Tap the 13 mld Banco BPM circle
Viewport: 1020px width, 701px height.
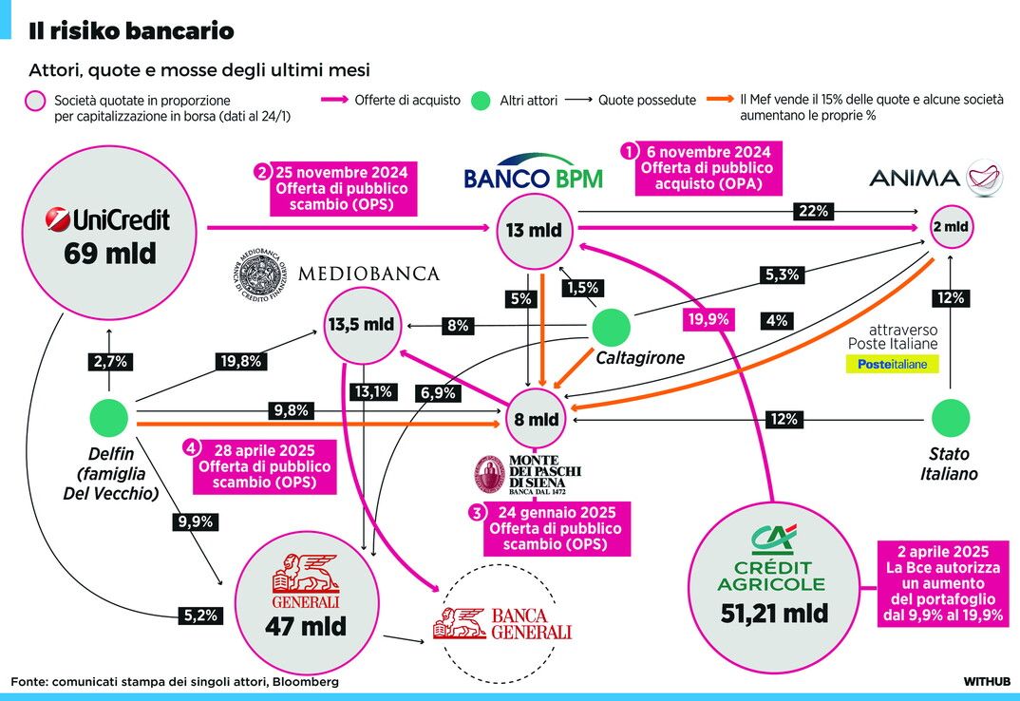tap(532, 230)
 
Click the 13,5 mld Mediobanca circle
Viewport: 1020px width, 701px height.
tap(362, 324)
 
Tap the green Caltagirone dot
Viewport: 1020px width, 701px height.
tap(611, 329)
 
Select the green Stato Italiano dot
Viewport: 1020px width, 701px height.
tap(950, 418)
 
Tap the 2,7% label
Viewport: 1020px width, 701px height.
tap(109, 361)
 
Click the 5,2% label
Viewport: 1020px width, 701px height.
tap(199, 616)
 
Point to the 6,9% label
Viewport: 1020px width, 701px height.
tap(437, 391)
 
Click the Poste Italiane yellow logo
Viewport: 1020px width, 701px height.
tap(892, 364)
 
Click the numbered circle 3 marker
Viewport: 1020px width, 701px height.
tap(475, 512)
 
